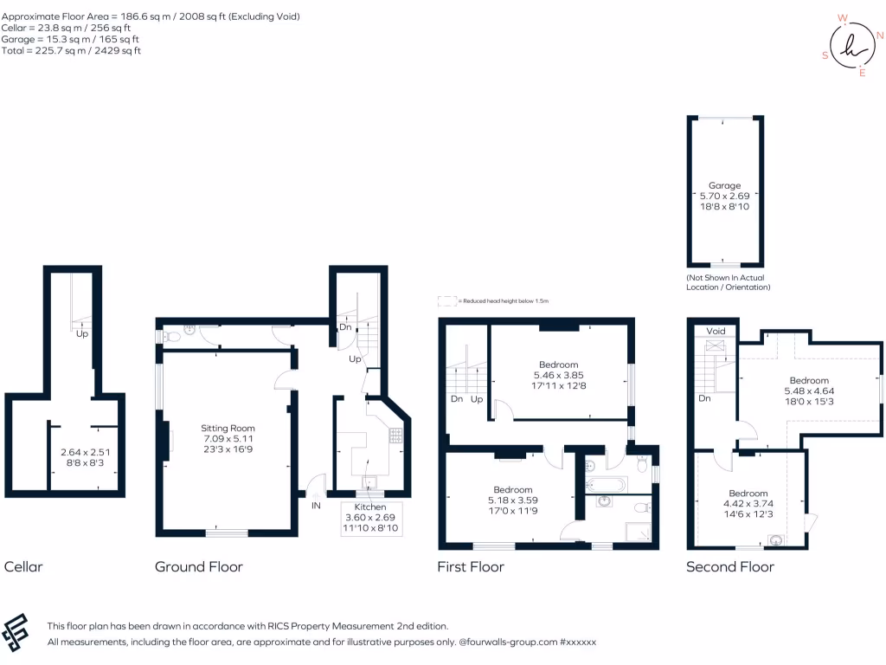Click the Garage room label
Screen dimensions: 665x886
click(724, 185)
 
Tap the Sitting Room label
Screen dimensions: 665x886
click(228, 428)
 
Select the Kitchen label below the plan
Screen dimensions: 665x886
click(369, 507)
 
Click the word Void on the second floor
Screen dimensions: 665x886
click(716, 331)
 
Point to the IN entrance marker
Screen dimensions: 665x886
click(316, 505)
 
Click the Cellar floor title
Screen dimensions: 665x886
click(23, 567)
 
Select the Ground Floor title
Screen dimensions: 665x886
click(198, 567)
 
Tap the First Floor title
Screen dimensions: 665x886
click(471, 567)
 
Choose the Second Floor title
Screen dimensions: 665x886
click(729, 567)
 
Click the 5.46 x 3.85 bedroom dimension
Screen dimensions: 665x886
click(558, 374)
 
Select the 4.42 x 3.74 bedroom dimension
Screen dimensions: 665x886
click(748, 503)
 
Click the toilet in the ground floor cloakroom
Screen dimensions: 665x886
click(171, 331)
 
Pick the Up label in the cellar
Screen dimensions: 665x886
click(82, 333)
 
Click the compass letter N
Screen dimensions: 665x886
click(880, 36)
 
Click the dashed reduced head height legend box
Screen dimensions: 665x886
click(446, 300)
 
